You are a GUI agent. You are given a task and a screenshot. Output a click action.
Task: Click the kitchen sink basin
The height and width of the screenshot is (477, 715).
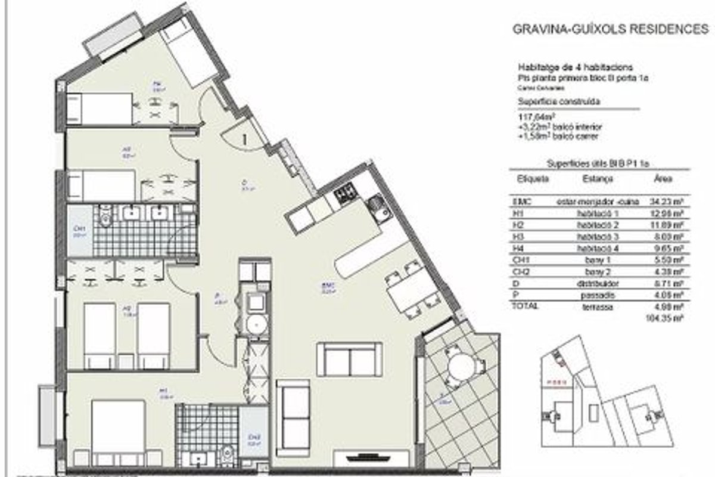pyautogui.click(x=378, y=208)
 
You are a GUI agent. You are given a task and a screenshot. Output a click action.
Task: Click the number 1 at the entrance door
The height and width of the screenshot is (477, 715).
pyautogui.click(x=245, y=139)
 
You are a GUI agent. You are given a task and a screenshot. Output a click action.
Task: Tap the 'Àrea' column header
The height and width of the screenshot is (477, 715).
pyautogui.click(x=663, y=178)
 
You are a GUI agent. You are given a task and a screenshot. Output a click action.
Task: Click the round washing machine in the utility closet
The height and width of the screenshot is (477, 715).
pyautogui.click(x=256, y=324)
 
